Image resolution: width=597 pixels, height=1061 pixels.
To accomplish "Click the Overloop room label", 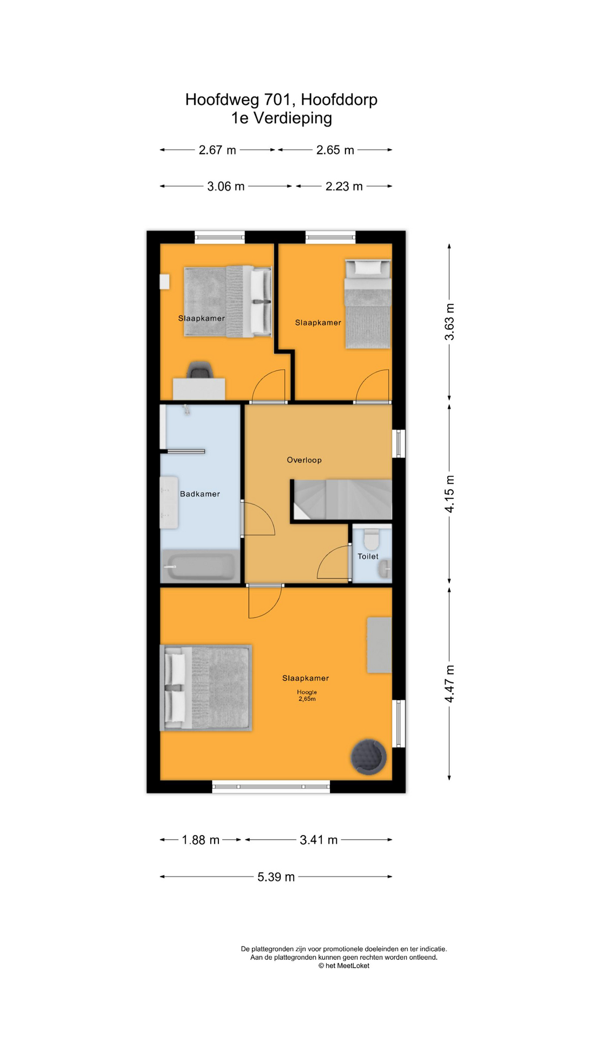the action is [304, 460].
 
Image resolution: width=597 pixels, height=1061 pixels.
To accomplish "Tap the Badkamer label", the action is [200, 494].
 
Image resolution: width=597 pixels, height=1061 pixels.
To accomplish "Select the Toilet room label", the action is [368, 556].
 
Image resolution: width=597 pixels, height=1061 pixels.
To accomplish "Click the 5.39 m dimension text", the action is [276, 877].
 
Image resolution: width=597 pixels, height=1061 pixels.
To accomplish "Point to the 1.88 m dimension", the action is [201, 840].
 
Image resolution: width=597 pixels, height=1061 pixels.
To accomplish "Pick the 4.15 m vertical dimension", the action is [450, 494].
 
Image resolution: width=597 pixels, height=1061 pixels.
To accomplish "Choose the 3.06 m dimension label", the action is [226, 186].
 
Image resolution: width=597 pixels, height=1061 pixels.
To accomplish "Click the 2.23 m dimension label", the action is [344, 186].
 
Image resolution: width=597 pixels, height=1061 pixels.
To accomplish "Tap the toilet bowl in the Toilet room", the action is [371, 539].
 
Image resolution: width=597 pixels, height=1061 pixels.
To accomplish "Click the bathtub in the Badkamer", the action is [201, 566].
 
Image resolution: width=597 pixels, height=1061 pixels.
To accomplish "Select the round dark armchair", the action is [368, 757].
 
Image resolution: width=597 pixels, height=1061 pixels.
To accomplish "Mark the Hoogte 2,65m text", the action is [307, 695].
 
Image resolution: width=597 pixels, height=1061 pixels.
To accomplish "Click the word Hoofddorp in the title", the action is [339, 99].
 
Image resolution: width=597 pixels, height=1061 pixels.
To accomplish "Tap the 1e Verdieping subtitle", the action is [281, 118].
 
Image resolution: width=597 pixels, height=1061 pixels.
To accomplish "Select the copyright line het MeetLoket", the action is [344, 965].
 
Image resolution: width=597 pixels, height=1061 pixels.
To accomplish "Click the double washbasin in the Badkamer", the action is [169, 502].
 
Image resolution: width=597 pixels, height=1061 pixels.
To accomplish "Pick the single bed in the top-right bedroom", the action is [368, 304].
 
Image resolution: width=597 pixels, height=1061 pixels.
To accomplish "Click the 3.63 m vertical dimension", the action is [450, 322].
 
